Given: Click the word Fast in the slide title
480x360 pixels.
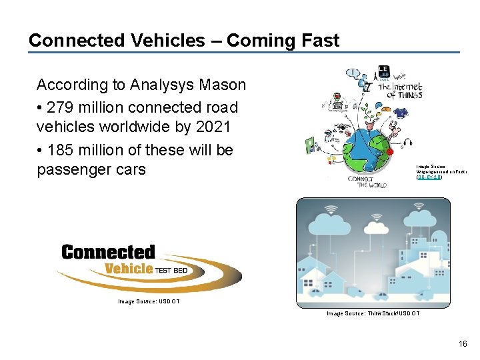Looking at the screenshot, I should click(x=320, y=40).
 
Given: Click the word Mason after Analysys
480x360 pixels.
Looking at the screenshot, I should click(x=224, y=85).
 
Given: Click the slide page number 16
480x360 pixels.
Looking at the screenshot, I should click(x=463, y=344).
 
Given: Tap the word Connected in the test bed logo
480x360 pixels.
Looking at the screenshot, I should click(x=108, y=253).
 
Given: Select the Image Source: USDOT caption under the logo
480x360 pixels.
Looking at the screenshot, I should click(x=149, y=301).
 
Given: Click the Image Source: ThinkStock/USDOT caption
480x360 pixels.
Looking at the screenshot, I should click(x=373, y=313).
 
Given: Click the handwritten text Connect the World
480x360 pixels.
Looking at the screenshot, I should click(x=364, y=181).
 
